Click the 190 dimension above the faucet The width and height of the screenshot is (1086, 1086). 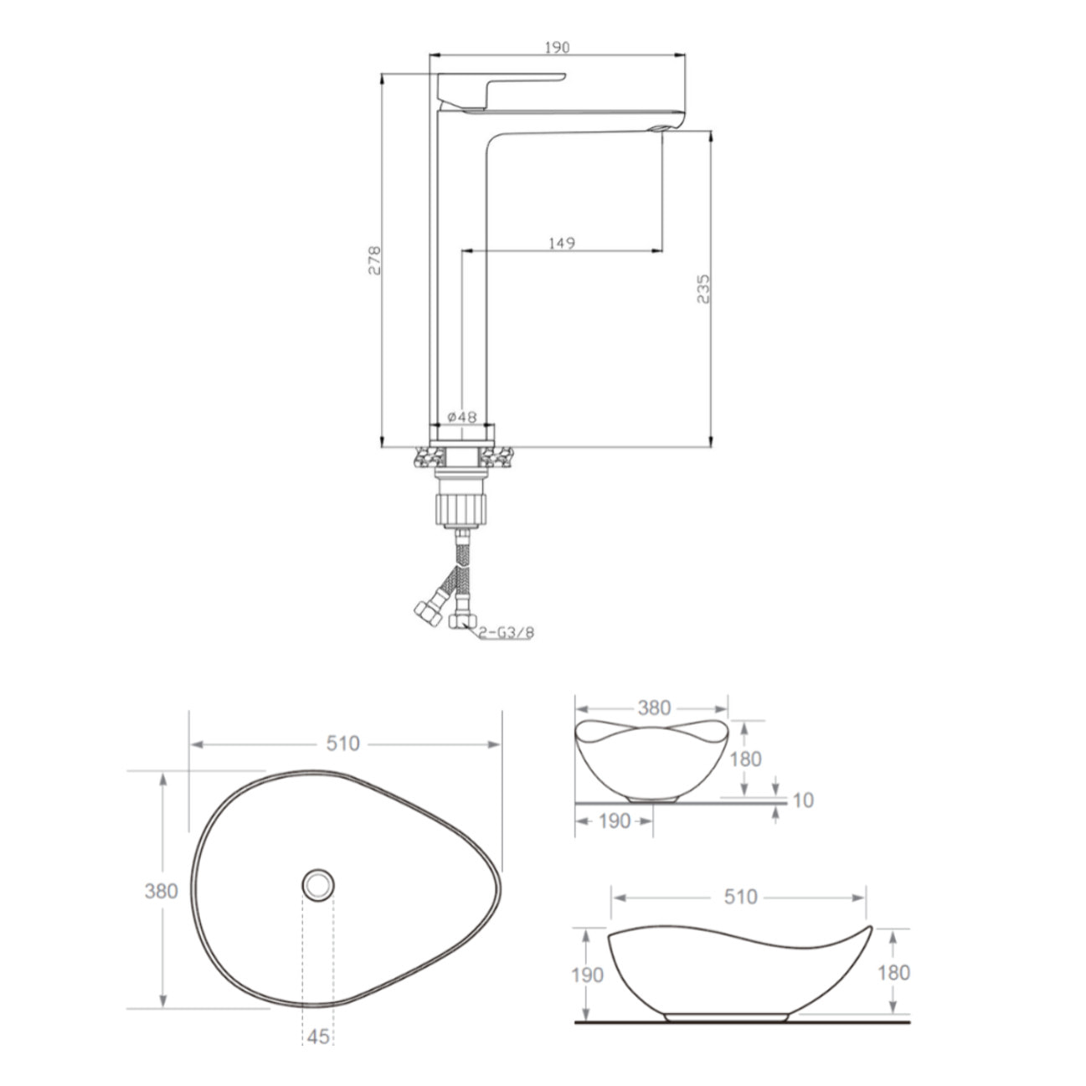557,48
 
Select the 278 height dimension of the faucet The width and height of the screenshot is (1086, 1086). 374,260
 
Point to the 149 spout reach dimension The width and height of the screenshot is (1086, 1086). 562,243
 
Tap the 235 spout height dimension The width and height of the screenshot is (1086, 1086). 703,289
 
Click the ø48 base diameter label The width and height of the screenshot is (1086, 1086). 462,417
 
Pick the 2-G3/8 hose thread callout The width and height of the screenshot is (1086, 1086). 506,633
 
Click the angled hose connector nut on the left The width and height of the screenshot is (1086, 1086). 428,613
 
